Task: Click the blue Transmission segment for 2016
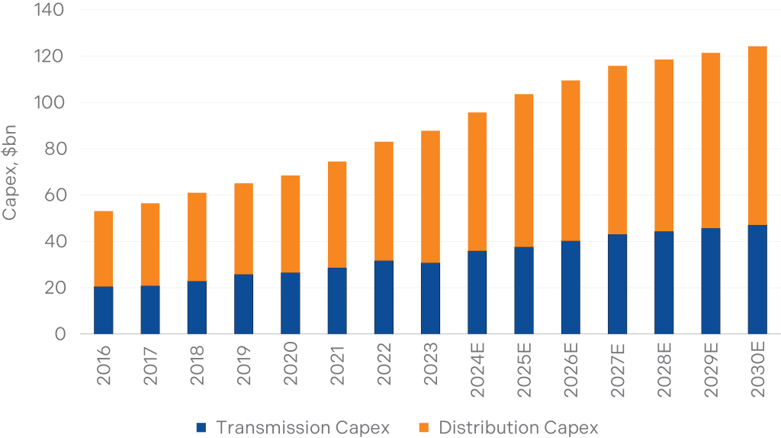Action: point(103,311)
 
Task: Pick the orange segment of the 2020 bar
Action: point(290,224)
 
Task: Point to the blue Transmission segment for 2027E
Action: point(617,284)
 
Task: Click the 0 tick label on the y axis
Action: point(59,334)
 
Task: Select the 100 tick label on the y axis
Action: point(50,103)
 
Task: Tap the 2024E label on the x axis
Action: point(477,371)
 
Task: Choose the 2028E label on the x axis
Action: point(664,371)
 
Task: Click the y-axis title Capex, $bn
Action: point(10,172)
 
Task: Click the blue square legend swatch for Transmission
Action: point(201,428)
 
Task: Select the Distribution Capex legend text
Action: point(519,428)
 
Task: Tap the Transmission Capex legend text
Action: point(303,428)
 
